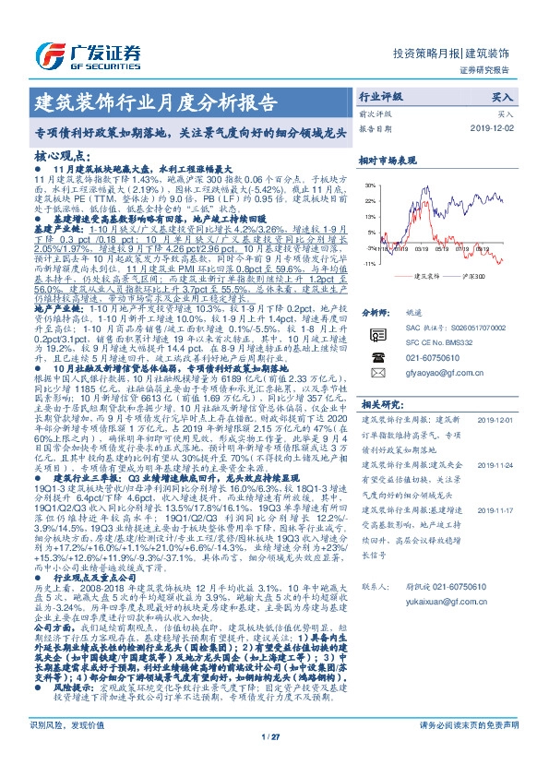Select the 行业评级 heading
pyautogui.click(x=380, y=95)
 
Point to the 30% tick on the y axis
pyautogui.click(x=370, y=184)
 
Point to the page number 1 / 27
pyautogui.click(x=274, y=762)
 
